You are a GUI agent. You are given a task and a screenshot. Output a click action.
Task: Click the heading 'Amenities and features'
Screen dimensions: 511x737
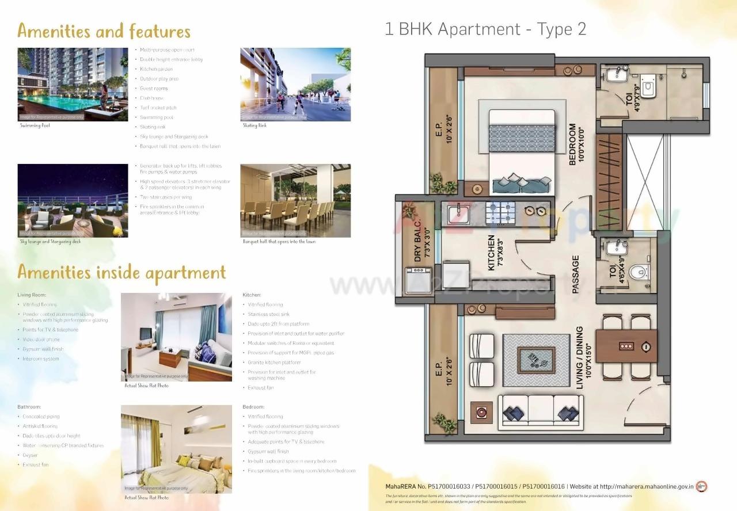[104, 30]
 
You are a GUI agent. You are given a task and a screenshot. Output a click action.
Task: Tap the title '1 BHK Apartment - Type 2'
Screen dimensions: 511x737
[485, 29]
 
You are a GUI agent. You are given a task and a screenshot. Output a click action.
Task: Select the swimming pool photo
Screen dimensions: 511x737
[73, 84]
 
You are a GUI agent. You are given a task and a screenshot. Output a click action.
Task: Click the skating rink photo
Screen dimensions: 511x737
[295, 84]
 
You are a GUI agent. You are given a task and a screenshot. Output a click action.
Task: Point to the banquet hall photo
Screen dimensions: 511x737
[295, 200]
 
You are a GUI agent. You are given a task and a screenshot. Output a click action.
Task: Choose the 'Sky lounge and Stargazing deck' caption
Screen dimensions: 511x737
[51, 242]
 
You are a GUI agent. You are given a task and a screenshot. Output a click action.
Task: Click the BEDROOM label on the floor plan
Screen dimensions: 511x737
[572, 144]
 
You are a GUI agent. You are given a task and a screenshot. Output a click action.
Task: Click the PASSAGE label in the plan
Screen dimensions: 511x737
[575, 274]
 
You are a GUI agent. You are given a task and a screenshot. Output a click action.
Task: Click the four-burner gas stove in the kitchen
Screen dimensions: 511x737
[500, 213]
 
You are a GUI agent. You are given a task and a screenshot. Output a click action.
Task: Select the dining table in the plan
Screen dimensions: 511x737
[626, 346]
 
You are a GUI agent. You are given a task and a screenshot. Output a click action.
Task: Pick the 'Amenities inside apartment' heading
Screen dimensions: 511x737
[121, 273]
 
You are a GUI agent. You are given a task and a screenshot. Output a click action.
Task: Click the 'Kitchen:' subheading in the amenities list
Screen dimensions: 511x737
[252, 295]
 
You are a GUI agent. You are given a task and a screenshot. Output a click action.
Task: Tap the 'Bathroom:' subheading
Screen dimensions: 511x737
[29, 407]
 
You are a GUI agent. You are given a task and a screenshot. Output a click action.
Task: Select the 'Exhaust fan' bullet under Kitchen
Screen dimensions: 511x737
[260, 388]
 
